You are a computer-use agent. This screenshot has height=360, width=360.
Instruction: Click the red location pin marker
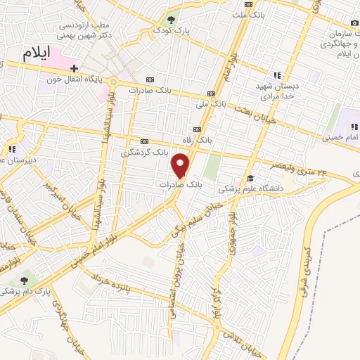pos(181,165)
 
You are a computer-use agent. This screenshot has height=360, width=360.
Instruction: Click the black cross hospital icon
pos(74,67)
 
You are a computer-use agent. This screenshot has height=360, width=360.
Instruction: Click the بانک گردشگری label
pos(145,152)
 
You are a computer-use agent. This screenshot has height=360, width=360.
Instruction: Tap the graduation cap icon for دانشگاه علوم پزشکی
pos(251,178)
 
